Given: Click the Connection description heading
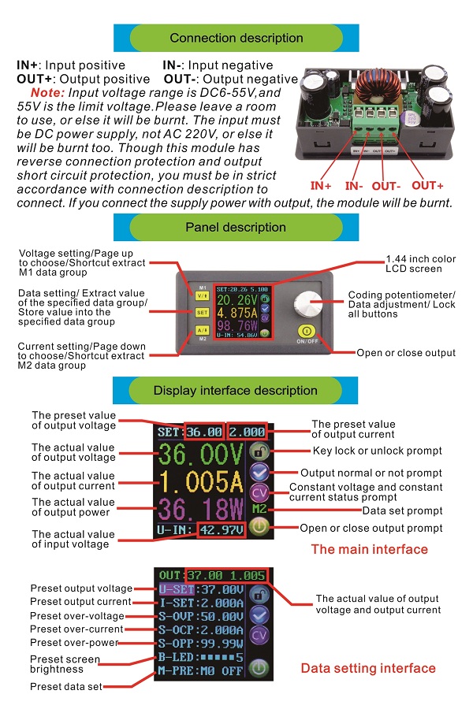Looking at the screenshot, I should [x=236, y=38].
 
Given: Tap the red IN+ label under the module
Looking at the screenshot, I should [x=321, y=186].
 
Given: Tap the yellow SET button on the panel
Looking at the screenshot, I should [x=203, y=311].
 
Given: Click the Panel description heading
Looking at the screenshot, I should [x=236, y=227].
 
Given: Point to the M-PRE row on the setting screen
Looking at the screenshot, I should [x=203, y=671].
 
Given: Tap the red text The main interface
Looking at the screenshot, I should [x=369, y=550].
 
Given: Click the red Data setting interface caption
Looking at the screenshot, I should [x=368, y=668].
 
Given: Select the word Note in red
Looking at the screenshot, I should [x=47, y=93].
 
